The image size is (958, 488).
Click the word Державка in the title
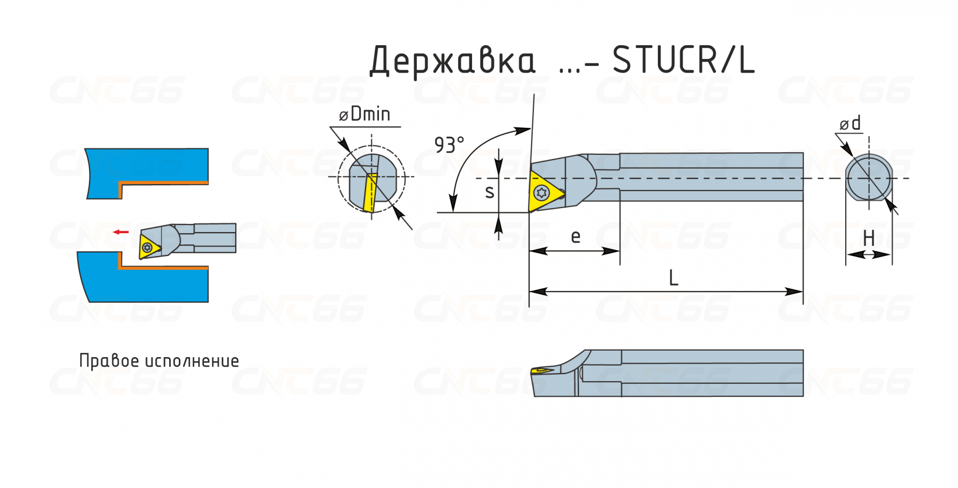452,61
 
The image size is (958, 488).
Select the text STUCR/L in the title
683,60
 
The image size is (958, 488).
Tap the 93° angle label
449,145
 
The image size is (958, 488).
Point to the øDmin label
365,114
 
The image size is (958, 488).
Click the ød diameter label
850,123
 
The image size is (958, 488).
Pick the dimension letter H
869,238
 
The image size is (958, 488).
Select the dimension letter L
673,278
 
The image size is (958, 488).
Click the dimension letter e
575,237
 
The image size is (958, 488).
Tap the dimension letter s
490,192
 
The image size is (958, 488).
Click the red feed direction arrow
121,232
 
